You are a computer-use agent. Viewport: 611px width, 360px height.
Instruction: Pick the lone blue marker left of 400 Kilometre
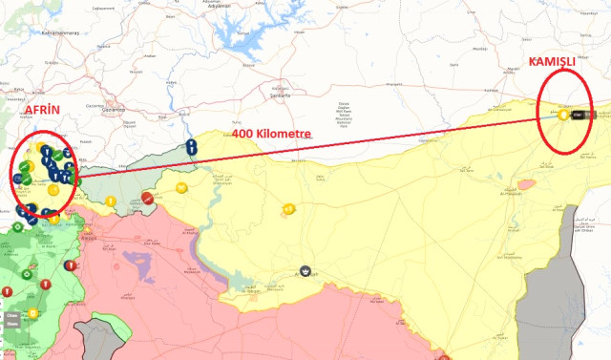click(x=192, y=148)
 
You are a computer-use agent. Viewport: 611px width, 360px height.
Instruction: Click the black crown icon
click(x=305, y=272)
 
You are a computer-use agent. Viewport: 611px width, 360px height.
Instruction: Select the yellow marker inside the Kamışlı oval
click(x=564, y=115)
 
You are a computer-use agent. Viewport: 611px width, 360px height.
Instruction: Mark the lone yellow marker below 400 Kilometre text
click(x=286, y=209)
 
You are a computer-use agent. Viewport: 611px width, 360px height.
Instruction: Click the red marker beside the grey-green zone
click(x=147, y=198)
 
